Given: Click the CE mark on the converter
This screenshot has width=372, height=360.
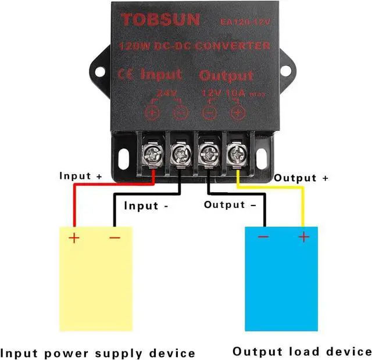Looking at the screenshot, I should point(126,74).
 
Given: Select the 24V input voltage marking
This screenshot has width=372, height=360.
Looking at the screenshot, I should point(165,93).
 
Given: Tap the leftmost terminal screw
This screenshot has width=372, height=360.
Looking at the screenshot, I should point(152,154).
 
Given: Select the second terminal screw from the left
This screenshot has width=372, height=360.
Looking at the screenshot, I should point(180,154).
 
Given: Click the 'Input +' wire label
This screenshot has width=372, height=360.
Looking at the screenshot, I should point(81,176).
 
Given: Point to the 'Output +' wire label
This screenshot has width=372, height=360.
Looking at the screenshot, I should point(301,178).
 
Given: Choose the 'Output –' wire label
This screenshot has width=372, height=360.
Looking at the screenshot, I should point(229,205).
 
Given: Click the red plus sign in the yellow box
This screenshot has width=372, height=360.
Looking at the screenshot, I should point(74,237).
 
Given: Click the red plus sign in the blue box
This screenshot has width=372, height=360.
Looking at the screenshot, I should point(303,237).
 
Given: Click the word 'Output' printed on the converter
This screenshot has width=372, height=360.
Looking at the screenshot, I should point(226,75).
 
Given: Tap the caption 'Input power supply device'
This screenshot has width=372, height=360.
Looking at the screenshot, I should point(98,352).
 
